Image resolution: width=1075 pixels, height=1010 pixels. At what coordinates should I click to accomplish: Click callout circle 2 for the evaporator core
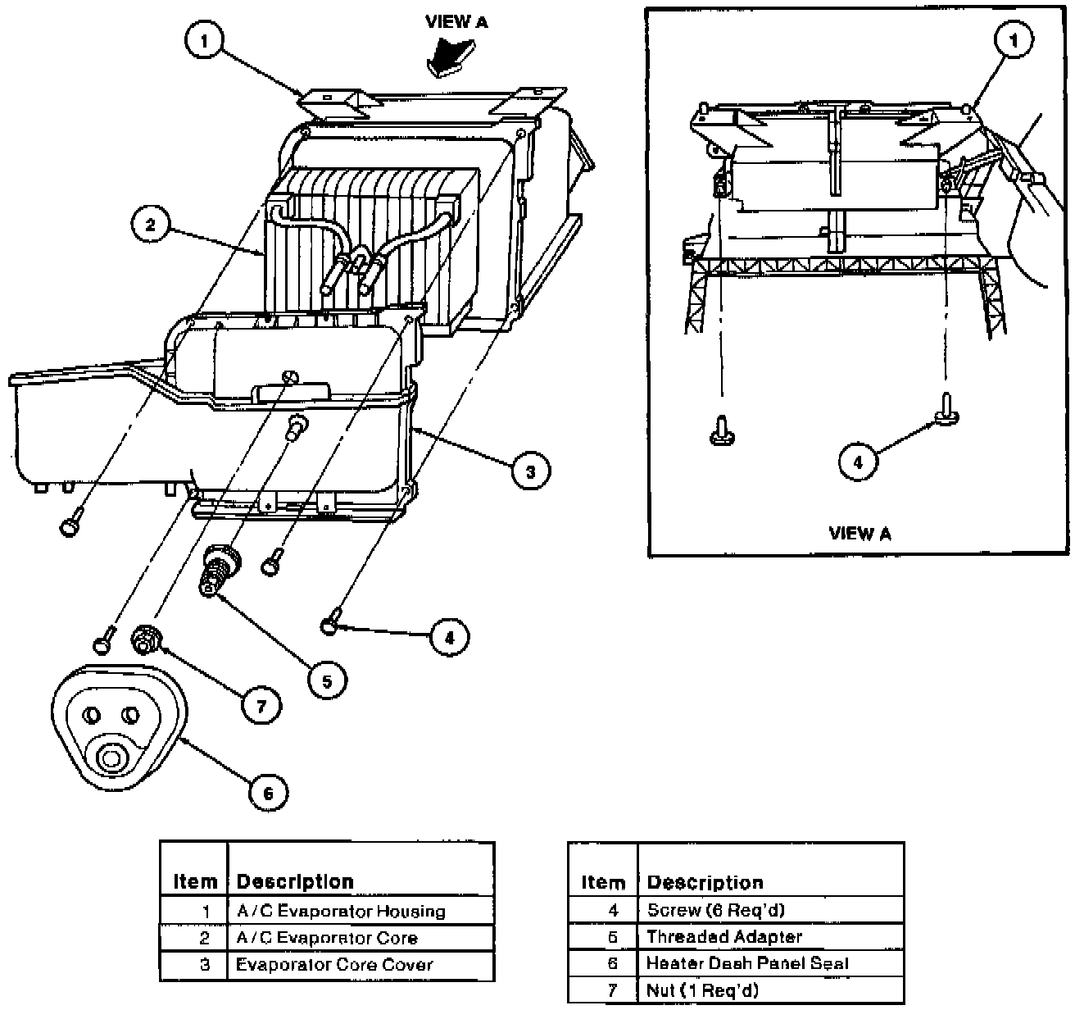point(150,224)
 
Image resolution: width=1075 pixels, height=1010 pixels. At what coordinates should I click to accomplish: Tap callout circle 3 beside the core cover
point(530,471)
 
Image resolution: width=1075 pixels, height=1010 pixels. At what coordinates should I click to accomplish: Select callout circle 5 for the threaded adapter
point(327,680)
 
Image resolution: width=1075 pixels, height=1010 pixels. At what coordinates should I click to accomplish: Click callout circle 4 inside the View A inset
point(858,462)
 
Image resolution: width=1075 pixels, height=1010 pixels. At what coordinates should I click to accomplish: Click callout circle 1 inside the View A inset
point(1014,40)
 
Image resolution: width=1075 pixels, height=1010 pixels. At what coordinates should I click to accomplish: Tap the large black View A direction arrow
point(445,57)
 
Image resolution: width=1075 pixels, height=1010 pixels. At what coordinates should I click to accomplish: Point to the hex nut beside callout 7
point(147,639)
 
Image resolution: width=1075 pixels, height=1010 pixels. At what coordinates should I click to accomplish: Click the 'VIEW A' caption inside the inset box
point(860,534)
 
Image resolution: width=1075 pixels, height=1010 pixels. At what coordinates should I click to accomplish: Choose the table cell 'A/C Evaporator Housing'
point(341,911)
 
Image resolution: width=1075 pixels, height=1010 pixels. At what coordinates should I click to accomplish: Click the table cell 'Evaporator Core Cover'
point(333,965)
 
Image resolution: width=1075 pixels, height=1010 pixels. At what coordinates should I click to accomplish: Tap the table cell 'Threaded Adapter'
point(723,936)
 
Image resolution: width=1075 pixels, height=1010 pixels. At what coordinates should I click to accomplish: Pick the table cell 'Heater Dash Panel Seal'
point(747,963)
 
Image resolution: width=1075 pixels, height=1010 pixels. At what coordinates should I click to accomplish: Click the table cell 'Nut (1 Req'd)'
point(702,990)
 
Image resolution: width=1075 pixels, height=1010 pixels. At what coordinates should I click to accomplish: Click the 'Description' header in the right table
point(705,883)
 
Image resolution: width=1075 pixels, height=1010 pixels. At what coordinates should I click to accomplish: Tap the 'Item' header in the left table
point(195,882)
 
